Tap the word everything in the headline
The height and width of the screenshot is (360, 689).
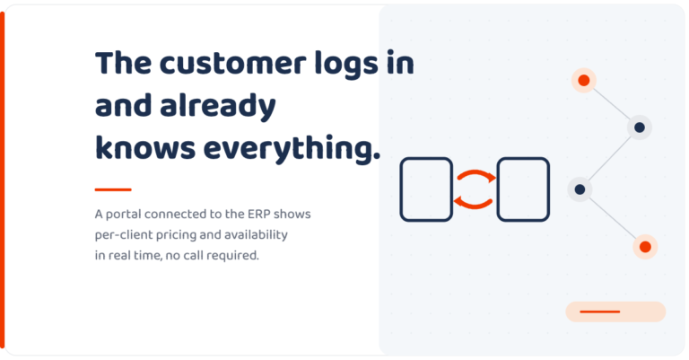[292, 148]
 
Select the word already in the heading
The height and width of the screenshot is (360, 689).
[217, 106]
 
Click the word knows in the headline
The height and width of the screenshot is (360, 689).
[145, 148]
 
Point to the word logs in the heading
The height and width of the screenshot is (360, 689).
[346, 64]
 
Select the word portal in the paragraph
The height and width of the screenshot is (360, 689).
[124, 215]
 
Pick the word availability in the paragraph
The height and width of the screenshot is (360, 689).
[256, 235]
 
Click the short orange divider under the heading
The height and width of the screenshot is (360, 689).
[113, 189]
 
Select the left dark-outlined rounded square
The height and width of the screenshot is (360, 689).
[426, 189]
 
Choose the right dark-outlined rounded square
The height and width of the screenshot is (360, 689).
[523, 189]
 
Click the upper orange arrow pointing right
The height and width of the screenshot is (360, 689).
[475, 171]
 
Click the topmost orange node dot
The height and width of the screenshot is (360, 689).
[583, 81]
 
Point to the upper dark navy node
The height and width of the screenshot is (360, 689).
[640, 127]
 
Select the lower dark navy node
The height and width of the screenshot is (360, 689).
[580, 189]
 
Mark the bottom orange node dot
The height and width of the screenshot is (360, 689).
[645, 247]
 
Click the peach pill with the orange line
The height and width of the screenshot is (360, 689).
[615, 312]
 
